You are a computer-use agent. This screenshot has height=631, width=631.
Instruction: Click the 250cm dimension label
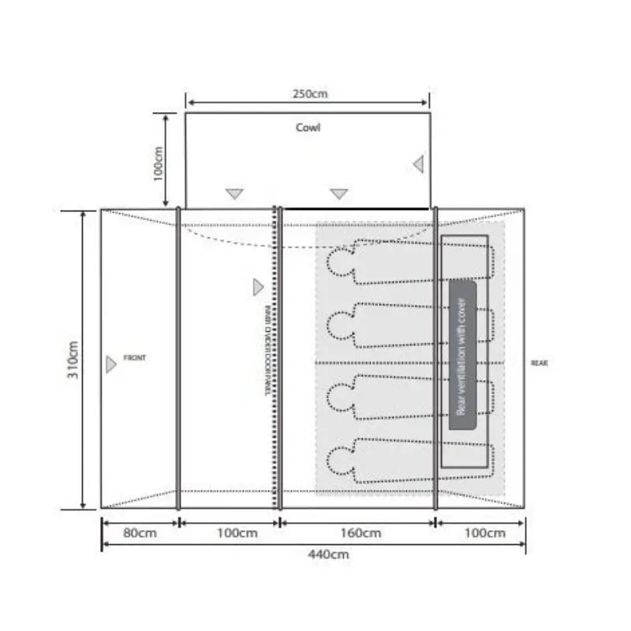point(308,94)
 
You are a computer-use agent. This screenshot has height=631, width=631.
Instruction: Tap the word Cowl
point(308,127)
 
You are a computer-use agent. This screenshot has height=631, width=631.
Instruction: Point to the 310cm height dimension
point(73,360)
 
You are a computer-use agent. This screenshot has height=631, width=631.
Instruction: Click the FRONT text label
point(135,358)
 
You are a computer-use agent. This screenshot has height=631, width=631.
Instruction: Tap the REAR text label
point(540,363)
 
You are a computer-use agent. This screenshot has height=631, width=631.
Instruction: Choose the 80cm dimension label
point(139,533)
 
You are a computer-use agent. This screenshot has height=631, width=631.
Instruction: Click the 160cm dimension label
point(362,533)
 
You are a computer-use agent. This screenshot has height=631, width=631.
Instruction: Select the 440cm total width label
point(329,554)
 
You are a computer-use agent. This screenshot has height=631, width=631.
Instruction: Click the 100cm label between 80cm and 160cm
point(237,533)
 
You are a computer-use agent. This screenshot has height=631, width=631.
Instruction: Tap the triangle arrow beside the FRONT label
point(110,364)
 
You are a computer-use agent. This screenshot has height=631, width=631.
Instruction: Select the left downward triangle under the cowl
point(234,193)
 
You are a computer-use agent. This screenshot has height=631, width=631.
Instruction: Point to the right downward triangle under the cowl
point(339,193)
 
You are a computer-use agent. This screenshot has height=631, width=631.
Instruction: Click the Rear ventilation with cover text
point(462,356)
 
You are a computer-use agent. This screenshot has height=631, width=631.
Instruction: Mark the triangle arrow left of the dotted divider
point(257,288)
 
